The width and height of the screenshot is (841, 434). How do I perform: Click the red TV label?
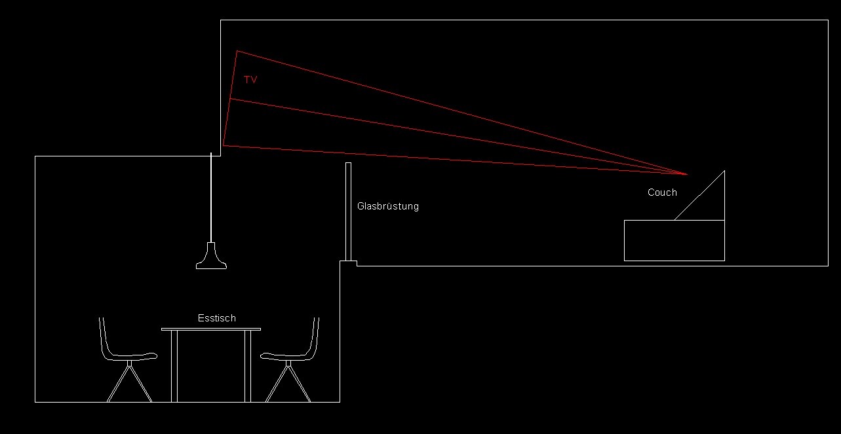250,80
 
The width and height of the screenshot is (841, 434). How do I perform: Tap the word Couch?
662,192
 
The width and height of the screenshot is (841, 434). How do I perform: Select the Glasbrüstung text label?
387,206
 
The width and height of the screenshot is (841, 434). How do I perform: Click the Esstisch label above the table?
216,318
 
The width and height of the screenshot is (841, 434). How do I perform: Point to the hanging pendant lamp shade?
211,258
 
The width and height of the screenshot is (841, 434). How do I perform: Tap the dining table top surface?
211,329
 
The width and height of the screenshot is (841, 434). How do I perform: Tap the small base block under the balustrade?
348,263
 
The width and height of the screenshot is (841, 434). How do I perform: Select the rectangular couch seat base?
674,240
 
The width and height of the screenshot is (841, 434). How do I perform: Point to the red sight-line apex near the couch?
686,174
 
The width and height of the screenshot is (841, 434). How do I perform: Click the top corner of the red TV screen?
237,51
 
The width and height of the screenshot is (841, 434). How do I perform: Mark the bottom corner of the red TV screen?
223,145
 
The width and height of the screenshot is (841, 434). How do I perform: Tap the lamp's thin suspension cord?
211,196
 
